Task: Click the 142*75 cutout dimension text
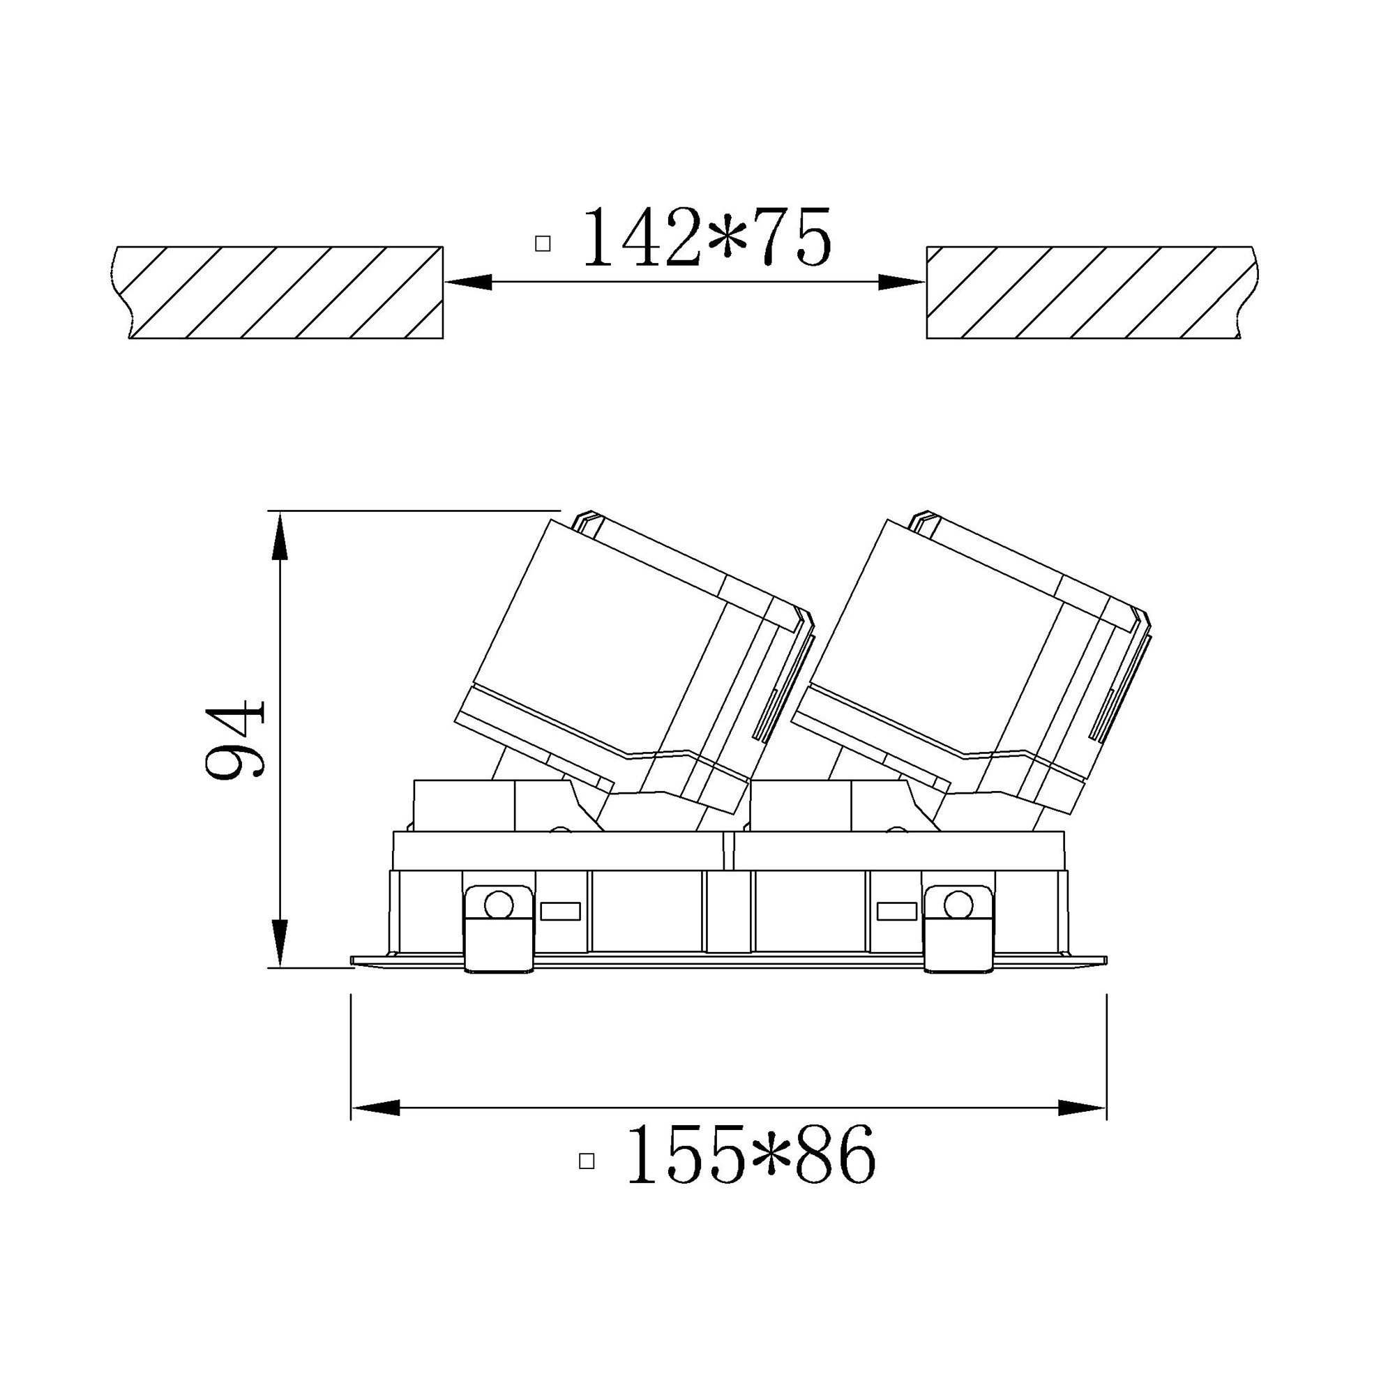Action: tap(707, 237)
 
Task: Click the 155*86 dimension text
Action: tap(751, 1154)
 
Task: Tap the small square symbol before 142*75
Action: tap(543, 244)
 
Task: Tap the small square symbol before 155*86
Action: tap(587, 1162)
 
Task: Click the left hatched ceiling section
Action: tap(278, 292)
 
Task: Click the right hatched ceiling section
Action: tap(1092, 292)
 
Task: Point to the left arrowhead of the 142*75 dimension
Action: tap(468, 282)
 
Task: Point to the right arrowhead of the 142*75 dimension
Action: tap(901, 282)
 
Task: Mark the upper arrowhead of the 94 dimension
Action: tap(280, 535)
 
